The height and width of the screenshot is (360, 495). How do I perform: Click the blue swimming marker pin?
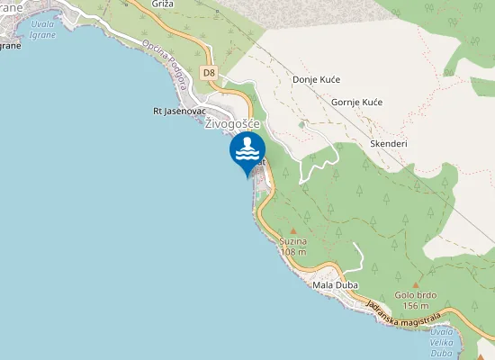(x=247, y=151)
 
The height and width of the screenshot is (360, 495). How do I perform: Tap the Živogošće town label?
(x=231, y=124)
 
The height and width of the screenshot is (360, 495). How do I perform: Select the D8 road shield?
(x=209, y=72)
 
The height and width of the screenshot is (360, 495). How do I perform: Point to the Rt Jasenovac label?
(x=175, y=112)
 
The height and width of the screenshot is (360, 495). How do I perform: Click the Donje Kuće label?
(x=316, y=79)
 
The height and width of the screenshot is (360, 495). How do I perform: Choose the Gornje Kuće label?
(x=357, y=102)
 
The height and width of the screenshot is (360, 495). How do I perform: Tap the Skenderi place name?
(x=389, y=143)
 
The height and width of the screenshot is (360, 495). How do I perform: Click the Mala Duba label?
(x=335, y=285)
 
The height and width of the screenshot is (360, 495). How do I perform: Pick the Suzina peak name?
(x=292, y=242)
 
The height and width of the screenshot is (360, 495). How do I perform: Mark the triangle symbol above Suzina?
(x=292, y=231)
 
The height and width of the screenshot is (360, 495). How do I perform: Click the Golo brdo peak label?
(x=416, y=295)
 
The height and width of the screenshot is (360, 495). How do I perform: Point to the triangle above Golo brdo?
(x=416, y=284)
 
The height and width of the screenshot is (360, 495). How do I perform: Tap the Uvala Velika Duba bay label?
(x=466, y=342)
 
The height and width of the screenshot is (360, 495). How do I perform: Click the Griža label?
(x=163, y=4)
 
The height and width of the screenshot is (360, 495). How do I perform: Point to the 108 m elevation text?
(x=292, y=252)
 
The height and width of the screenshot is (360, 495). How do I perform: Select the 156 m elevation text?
(x=416, y=306)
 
